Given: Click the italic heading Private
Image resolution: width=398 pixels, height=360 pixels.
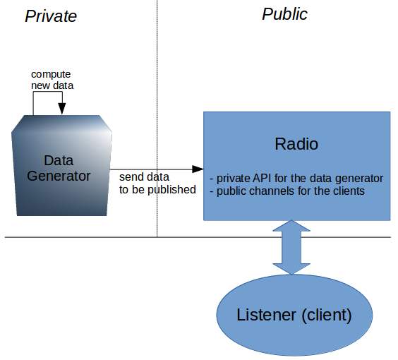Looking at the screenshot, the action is point(51,16).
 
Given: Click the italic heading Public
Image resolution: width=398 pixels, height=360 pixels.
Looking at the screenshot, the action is point(284,13).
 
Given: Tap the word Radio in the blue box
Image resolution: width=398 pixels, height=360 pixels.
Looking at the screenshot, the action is point(296,144).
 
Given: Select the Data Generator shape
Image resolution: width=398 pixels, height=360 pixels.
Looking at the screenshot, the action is point(61,165).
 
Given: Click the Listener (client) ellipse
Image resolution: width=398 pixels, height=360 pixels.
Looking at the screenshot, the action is point(294,315).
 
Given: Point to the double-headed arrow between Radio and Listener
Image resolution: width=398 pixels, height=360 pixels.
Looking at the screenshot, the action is point(291,247).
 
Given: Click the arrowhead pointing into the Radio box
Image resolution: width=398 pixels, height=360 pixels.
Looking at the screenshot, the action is point(198,169).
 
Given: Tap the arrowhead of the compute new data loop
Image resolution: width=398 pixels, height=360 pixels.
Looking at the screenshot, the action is point(62,109).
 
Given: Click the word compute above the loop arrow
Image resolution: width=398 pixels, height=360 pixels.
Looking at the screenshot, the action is point(51,74).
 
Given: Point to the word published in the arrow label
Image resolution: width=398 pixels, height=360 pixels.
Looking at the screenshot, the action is point(172,190).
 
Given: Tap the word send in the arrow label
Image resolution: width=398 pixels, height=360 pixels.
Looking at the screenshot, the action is point(129,177).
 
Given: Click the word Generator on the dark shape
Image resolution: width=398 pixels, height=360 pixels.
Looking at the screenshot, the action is point(59,176).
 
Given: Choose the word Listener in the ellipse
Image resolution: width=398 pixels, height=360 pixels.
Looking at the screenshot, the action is point(266,315).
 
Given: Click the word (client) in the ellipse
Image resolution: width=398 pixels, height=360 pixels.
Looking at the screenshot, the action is point(327,316).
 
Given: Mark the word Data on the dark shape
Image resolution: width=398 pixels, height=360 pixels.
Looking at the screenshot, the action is point(59,160).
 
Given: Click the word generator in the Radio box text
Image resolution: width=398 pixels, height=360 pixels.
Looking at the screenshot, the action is point(359,179).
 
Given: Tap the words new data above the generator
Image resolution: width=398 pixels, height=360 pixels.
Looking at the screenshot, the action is point(52,85).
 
